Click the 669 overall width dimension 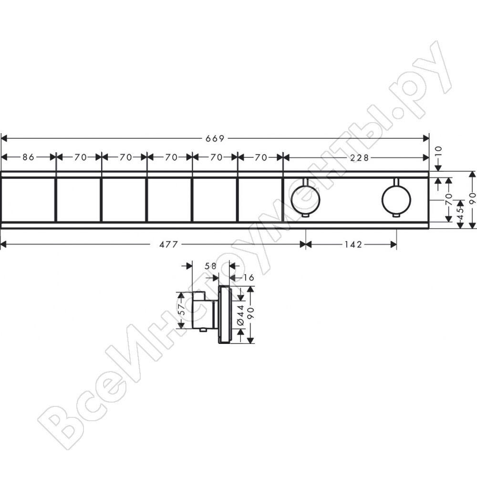click(215, 139)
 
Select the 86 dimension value click(29, 157)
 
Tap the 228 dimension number click(359, 157)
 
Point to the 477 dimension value click(168, 244)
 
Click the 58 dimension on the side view click(210, 266)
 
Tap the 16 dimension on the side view click(248, 278)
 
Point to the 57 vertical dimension click(181, 310)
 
